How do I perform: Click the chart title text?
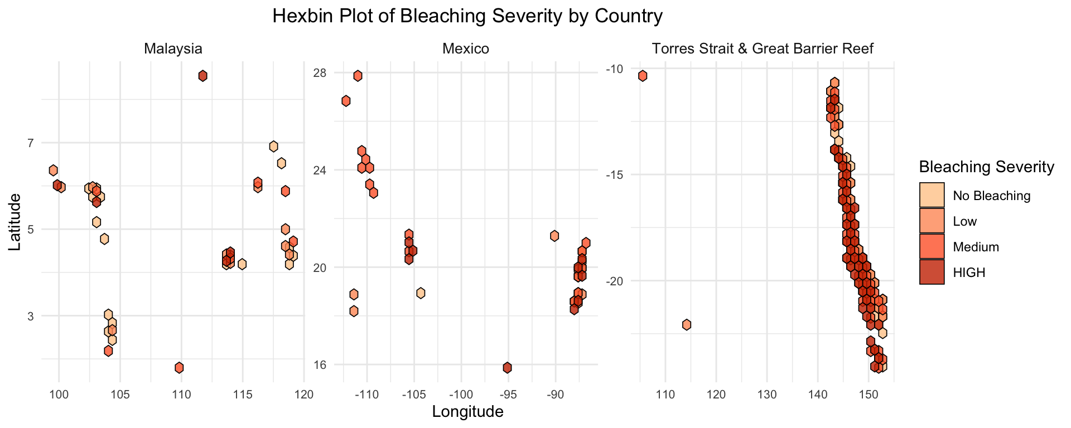coord(467,16)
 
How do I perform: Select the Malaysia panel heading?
coord(173,48)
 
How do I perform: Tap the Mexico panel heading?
coord(466,48)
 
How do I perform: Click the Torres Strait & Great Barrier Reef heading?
coord(763,48)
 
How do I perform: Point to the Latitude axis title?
coord(15,222)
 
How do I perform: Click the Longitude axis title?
coord(468,412)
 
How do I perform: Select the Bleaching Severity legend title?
coord(986,167)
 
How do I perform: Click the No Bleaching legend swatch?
coord(932,196)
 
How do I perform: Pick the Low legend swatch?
coord(932,221)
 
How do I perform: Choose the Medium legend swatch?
coord(932,247)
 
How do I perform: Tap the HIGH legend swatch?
coord(932,273)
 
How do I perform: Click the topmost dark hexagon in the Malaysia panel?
coord(203,76)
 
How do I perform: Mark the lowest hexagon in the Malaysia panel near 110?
coord(179,367)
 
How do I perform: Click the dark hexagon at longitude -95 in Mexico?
coord(507,367)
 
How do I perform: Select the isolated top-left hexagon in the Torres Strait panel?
coord(643,76)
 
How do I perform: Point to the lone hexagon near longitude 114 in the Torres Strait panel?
coord(687,324)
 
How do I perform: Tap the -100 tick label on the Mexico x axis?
coord(461,395)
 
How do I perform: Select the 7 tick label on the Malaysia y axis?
coord(47,143)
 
